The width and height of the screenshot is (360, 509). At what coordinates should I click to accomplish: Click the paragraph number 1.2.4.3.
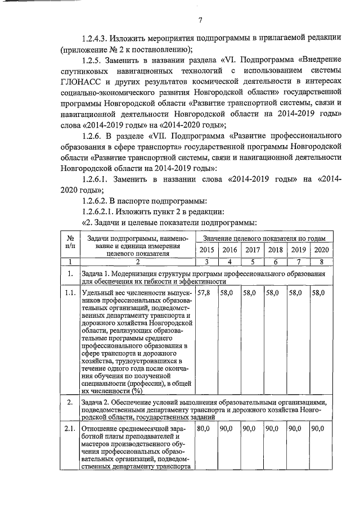coord(94,38)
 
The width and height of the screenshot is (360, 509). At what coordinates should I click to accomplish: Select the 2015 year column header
coord(206,250)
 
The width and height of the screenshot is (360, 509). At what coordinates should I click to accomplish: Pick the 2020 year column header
coord(321,250)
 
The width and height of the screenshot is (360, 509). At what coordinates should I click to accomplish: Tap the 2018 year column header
coord(275,250)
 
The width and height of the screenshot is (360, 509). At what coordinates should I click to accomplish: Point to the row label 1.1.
coord(70,293)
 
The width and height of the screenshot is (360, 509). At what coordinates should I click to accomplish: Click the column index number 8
coord(321,262)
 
